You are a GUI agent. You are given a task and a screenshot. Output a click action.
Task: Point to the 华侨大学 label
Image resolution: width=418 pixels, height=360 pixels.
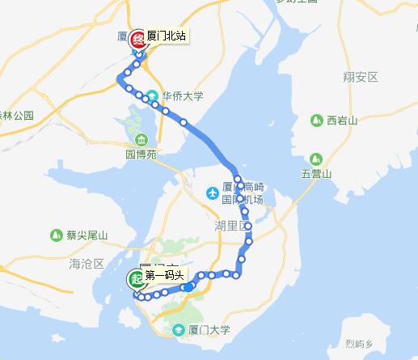tap(183, 95)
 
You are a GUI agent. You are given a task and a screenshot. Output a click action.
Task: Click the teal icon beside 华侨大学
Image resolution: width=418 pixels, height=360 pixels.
tap(152, 95)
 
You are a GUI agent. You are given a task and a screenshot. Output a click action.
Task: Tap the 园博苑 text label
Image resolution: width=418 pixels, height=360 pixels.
tap(141, 152)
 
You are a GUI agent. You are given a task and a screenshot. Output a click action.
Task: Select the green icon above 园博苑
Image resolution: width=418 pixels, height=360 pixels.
tap(141, 137)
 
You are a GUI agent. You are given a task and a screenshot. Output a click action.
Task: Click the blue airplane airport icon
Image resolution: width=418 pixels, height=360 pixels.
tap(212, 193)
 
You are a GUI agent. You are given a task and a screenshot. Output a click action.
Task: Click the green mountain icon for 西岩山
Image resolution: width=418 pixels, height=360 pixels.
tap(317, 121)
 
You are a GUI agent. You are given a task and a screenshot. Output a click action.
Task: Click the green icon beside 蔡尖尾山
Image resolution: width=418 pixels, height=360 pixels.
tap(57, 235)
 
